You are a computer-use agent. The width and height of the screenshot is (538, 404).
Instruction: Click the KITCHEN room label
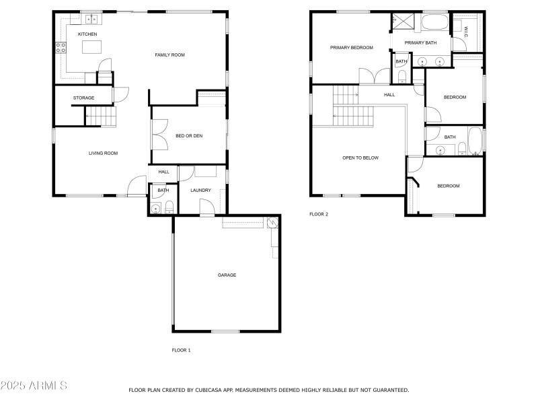click(x=87, y=34)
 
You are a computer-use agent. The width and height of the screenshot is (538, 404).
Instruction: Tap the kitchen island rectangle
click(x=91, y=47)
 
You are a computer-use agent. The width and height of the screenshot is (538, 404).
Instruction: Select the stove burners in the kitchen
click(x=61, y=47)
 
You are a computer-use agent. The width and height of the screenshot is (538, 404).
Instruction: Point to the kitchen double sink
click(x=91, y=18)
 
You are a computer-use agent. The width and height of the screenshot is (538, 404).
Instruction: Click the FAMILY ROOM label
click(x=169, y=55)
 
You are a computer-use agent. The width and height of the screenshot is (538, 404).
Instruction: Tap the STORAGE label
click(x=83, y=98)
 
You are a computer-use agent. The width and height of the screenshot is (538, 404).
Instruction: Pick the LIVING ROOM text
click(x=103, y=154)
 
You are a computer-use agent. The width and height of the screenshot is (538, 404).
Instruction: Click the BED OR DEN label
click(x=189, y=136)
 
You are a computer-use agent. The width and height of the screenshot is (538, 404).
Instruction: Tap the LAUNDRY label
click(x=200, y=191)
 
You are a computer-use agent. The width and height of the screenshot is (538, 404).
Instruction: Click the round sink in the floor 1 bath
click(x=156, y=209)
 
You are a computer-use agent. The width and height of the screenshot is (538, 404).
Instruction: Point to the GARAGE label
click(x=227, y=275)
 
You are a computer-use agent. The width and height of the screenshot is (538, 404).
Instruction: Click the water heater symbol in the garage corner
click(x=272, y=223)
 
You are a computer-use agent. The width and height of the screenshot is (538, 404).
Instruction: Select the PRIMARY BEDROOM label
click(x=351, y=48)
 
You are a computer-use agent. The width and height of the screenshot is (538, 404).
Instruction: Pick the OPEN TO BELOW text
click(x=360, y=158)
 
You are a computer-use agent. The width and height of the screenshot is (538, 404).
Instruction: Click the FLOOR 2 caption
click(x=318, y=214)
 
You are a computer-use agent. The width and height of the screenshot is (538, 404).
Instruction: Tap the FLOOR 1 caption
click(x=182, y=350)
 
